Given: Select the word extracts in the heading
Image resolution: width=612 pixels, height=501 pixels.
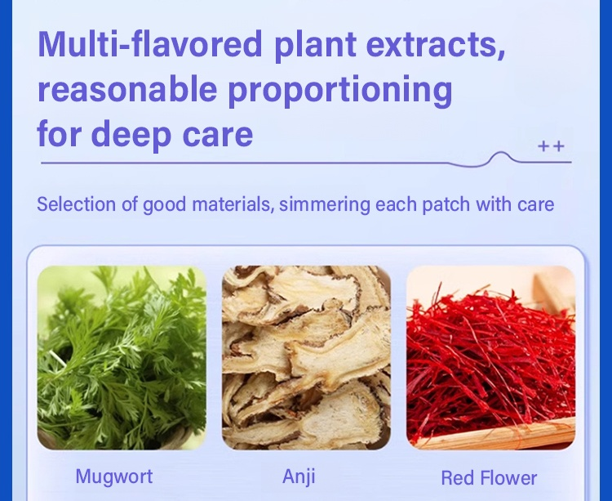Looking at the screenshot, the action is click(x=436, y=45).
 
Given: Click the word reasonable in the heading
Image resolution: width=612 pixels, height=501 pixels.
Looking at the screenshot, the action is click(x=127, y=89).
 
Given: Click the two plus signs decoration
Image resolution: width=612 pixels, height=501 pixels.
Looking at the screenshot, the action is click(x=551, y=146).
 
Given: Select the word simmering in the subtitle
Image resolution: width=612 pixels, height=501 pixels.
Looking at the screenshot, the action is click(x=324, y=205).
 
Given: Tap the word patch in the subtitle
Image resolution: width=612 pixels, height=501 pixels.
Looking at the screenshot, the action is click(x=446, y=205).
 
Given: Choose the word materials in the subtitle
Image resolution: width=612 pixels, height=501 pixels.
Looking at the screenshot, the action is click(x=233, y=204).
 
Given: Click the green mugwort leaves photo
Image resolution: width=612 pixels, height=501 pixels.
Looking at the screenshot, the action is click(x=122, y=358).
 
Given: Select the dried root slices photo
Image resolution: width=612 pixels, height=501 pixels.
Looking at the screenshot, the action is click(x=306, y=358).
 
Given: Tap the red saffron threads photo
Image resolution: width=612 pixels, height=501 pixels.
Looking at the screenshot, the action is click(x=490, y=358).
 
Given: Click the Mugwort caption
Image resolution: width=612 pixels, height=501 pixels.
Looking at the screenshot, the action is click(x=114, y=476).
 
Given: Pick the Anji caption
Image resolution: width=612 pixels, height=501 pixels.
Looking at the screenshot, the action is click(x=299, y=476).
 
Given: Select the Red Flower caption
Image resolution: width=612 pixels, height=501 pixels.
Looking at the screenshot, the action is click(x=489, y=477).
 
